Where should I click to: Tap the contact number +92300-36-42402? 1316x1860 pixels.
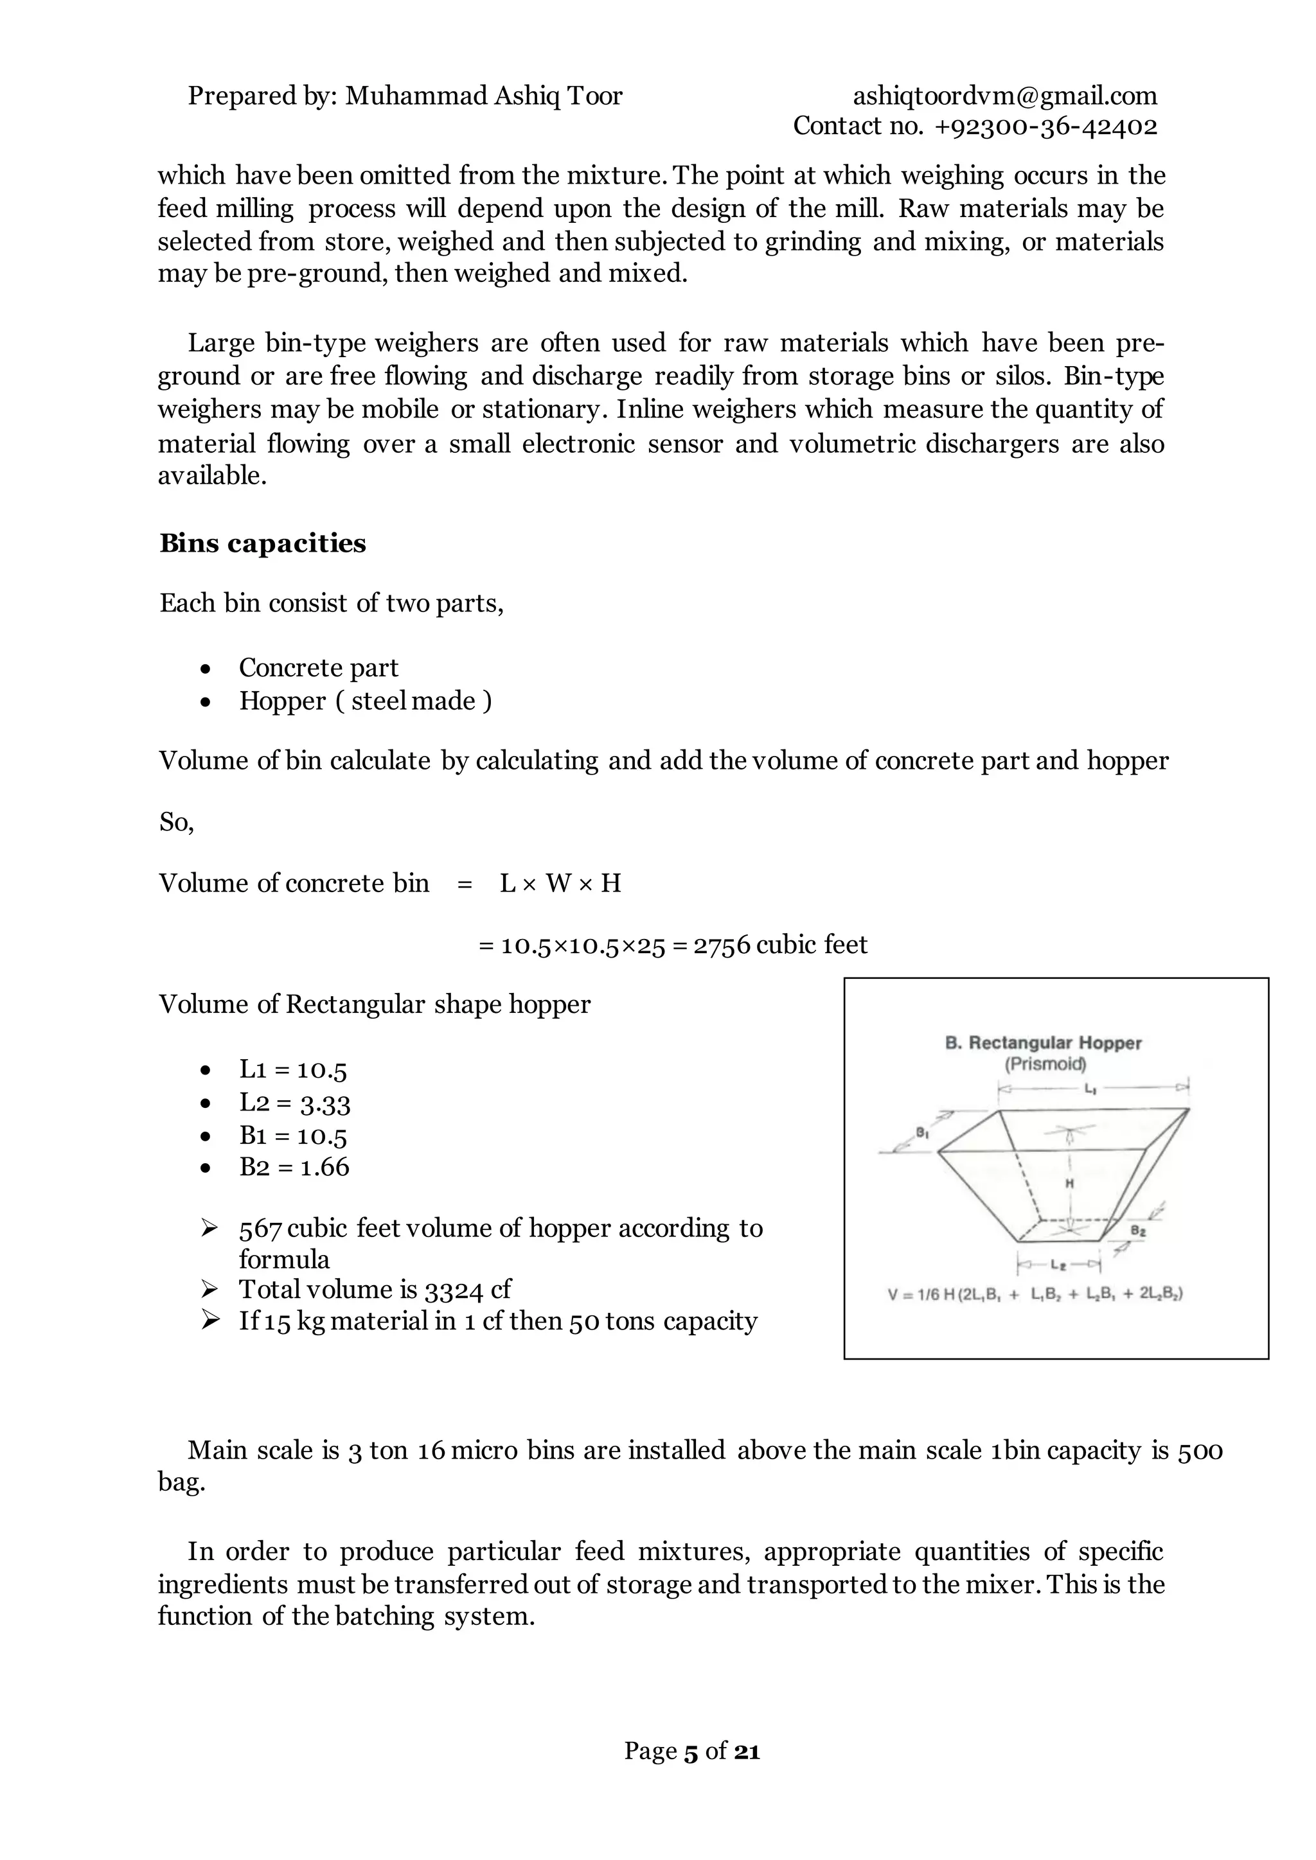tap(1045, 127)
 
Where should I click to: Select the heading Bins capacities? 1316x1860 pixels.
tap(263, 543)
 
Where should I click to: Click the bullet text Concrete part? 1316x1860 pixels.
tap(319, 667)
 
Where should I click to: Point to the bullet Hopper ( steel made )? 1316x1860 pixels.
tap(364, 701)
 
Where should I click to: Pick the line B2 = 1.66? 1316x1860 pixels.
tap(294, 1168)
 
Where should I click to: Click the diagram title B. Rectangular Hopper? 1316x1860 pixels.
tap(1043, 1044)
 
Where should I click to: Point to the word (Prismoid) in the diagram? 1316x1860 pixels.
tap(1045, 1064)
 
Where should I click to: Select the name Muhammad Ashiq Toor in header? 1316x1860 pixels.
tap(484, 96)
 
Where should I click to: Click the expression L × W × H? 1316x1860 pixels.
tap(560, 883)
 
